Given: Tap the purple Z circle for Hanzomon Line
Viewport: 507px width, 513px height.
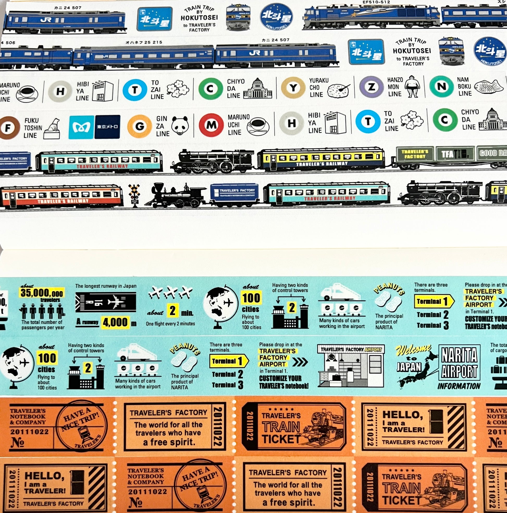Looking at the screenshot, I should pyautogui.click(x=371, y=87).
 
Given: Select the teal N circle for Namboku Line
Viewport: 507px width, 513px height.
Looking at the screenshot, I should pyautogui.click(x=441, y=86).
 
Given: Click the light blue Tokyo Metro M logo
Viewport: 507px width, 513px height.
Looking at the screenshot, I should pyautogui.click(x=81, y=127).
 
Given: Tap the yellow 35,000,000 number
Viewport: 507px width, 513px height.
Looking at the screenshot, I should pyautogui.click(x=42, y=293).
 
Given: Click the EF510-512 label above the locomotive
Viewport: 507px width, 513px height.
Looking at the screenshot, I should pyautogui.click(x=376, y=2).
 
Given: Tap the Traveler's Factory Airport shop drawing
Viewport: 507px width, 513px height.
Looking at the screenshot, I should pyautogui.click(x=351, y=366).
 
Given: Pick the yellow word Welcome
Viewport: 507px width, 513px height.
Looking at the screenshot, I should pyautogui.click(x=413, y=349).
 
